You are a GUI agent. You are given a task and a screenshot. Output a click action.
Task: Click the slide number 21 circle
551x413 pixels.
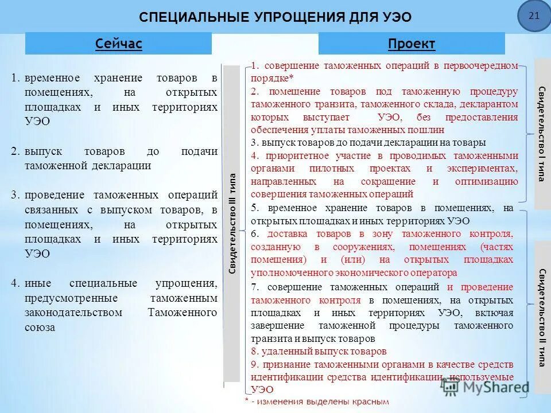[534, 16]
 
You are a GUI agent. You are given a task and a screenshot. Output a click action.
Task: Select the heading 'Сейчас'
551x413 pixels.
[119, 44]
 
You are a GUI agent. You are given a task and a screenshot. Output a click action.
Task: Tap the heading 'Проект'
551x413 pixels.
[412, 44]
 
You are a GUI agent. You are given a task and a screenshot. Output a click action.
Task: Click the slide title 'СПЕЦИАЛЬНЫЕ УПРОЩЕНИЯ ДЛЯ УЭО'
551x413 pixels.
[275, 17]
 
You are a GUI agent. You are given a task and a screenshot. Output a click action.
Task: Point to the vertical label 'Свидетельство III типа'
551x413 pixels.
[232, 224]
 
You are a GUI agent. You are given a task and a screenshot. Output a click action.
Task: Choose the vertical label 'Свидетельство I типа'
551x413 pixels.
[541, 133]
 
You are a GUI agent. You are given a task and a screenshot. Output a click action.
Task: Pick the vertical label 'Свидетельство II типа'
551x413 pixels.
[541, 317]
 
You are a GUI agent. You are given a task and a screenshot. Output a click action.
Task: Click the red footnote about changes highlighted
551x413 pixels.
[317, 402]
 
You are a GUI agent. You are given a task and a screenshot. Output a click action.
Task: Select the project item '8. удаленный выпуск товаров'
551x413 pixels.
[319, 351]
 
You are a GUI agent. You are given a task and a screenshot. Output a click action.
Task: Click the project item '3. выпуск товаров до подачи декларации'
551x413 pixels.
[368, 142]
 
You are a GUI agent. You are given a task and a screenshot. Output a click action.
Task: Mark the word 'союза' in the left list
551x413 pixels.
[40, 328]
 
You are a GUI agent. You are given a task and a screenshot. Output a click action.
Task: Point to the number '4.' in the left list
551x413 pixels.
[15, 283]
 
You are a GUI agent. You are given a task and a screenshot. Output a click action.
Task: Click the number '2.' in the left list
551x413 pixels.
[15, 151]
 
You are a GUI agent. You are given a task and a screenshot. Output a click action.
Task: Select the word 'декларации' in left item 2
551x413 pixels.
[119, 166]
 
